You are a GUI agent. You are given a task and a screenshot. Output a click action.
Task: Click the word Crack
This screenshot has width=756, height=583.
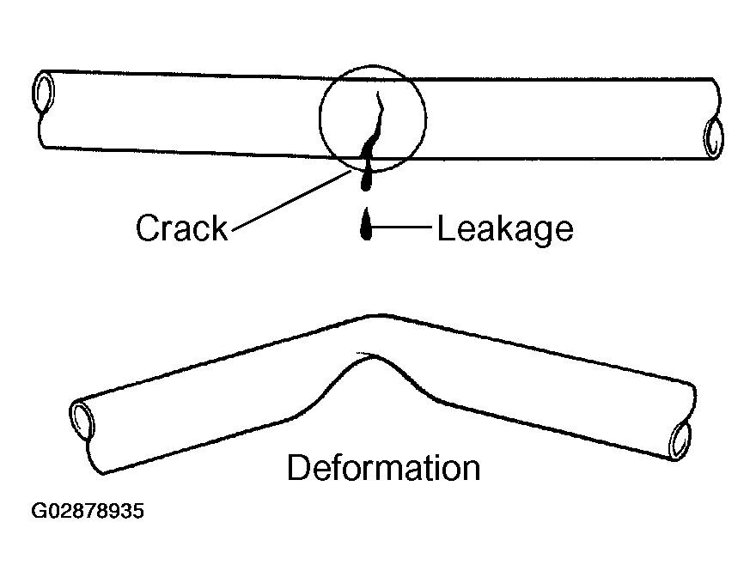tap(182, 228)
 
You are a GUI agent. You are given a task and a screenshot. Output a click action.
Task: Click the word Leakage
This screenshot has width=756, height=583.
tap(505, 228)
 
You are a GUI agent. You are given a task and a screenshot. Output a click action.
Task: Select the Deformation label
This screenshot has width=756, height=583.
tap(383, 469)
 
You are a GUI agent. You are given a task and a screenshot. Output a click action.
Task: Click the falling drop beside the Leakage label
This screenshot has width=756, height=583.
tap(367, 228)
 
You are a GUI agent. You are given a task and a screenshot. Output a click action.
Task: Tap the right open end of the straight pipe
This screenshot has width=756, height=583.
tap(713, 136)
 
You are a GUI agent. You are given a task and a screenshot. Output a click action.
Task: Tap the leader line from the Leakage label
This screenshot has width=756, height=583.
tap(404, 228)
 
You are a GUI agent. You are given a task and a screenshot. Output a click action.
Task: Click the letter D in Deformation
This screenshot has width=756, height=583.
tap(297, 469)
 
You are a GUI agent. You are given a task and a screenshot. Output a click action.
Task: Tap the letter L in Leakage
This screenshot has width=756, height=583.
tap(445, 228)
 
